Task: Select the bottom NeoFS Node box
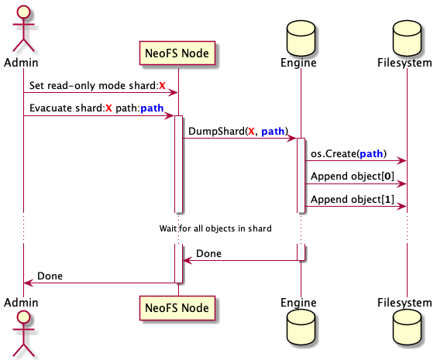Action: pyautogui.click(x=177, y=308)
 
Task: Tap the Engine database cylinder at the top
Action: pyautogui.click(x=301, y=36)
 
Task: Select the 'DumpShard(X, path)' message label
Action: pyautogui.click(x=238, y=131)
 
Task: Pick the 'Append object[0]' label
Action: pyautogui.click(x=353, y=177)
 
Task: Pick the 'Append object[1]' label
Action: pyautogui.click(x=353, y=199)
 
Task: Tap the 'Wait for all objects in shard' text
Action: pyautogui.click(x=215, y=228)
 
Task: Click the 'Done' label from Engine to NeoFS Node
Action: pyautogui.click(x=208, y=253)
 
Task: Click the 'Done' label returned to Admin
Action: pyautogui.click(x=50, y=275)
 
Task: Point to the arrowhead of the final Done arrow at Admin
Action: pyautogui.click(x=27, y=283)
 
